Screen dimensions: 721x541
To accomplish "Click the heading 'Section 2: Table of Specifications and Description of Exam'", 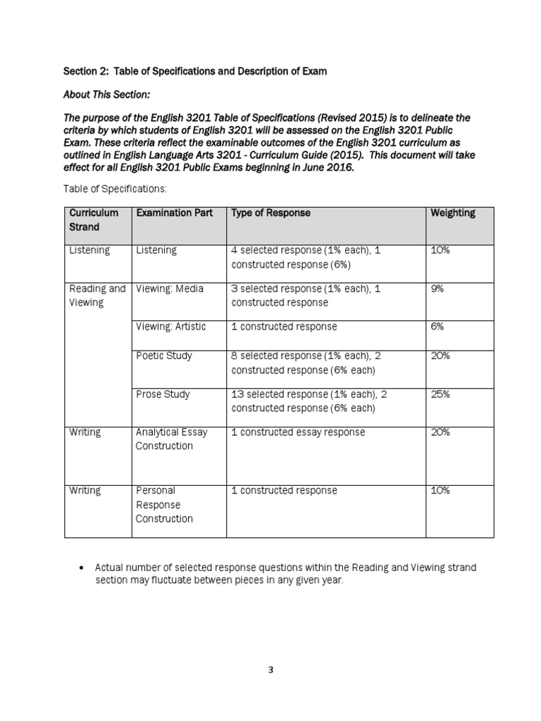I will (195, 72).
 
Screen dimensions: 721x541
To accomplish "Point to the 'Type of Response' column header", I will (270, 213).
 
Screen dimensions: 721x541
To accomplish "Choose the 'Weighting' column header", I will (452, 213).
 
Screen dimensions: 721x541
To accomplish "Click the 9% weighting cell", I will (437, 288).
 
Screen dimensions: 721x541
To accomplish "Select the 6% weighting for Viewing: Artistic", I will (437, 327).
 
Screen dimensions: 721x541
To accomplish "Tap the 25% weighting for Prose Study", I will (440, 394).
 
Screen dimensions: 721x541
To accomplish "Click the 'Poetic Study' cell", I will (163, 356).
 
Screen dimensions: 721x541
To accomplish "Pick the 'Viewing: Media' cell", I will (169, 288).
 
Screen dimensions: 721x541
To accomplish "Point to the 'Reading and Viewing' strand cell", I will (97, 295).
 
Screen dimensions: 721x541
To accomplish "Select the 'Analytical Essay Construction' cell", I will (171, 439).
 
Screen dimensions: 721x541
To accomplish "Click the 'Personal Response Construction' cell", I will (163, 504).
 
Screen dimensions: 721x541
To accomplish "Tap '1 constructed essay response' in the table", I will (298, 432).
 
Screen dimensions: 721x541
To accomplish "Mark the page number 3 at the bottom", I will (270, 670).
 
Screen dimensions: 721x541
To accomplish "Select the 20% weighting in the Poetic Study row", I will (440, 356).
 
